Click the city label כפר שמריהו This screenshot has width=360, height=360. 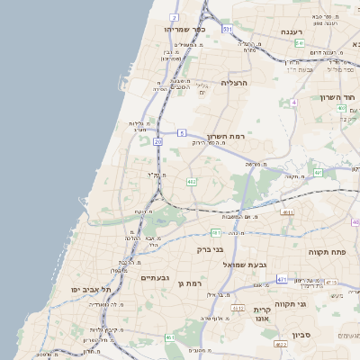tap(185, 29)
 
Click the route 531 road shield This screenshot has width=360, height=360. tap(228, 29)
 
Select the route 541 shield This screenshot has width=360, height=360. tap(299, 43)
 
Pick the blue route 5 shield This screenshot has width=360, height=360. tap(182, 132)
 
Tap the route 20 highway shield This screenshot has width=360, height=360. tap(158, 141)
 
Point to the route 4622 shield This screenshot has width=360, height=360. tap(281, 344)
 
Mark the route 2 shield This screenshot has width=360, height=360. tap(173, 17)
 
